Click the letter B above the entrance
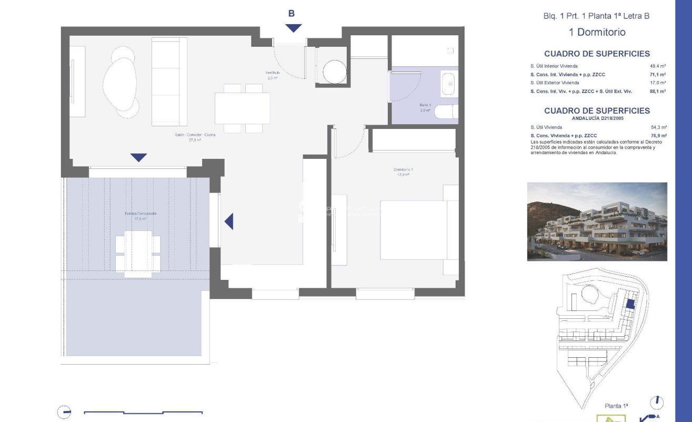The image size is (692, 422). tap(292, 14)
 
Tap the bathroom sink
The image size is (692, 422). tap(448, 84)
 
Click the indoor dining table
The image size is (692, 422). tap(242, 108)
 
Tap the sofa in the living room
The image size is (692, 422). tap(169, 82)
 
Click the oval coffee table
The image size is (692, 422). tap(120, 83)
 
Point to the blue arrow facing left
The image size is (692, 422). tap(229, 222)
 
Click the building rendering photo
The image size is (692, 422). tap(597, 222)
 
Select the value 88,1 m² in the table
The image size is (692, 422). tap(658, 92)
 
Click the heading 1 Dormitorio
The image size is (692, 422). tap(597, 32)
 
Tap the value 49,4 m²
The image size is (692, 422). tap(658, 66)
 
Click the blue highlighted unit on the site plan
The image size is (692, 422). tap(630, 304)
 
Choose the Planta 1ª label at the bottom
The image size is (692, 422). tap(617, 406)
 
